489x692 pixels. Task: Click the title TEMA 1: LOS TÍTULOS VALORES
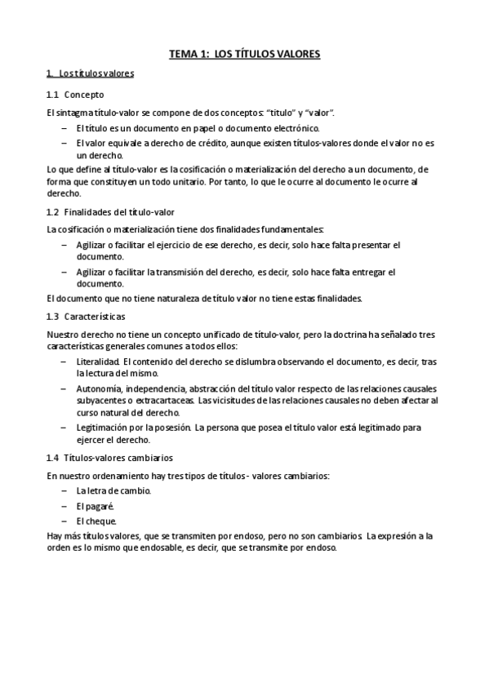pos(244,54)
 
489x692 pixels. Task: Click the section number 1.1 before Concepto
pos(53,94)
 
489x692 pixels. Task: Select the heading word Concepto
pos(84,94)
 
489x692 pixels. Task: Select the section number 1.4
pos(53,458)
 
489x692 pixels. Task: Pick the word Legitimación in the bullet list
pos(105,427)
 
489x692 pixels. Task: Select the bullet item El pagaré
pos(95,505)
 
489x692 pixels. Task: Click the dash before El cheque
pos(64,521)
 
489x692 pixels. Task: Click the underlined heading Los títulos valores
pos(96,73)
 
